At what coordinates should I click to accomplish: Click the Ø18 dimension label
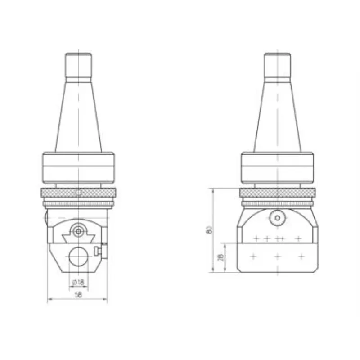(x=78, y=282)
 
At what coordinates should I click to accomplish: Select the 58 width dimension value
(x=78, y=295)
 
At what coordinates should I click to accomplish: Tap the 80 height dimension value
(x=209, y=230)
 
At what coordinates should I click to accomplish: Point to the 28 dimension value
(x=221, y=257)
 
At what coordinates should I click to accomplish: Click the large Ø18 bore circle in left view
(x=78, y=256)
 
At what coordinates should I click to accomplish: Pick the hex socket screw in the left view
(x=78, y=231)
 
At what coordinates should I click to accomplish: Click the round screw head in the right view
(x=277, y=218)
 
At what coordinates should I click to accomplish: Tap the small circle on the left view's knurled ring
(x=79, y=193)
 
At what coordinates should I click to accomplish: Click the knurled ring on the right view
(x=277, y=193)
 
